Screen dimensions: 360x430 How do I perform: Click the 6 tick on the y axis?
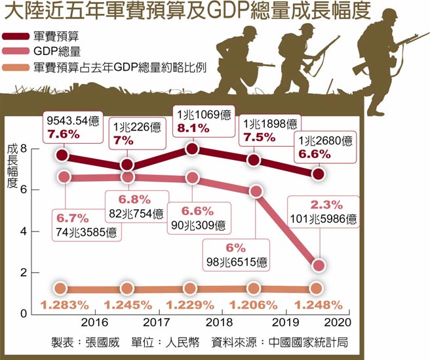click(24, 190)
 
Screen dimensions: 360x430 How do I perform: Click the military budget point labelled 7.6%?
click(62, 155)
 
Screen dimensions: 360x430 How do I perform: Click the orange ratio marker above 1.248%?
click(317, 289)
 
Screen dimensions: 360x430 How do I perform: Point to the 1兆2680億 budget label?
click(325, 140)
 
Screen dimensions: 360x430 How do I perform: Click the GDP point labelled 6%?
click(256, 191)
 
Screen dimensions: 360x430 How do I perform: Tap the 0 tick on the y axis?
click(24, 313)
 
